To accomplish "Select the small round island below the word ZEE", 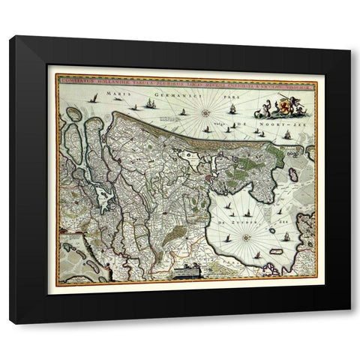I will coord(272,229).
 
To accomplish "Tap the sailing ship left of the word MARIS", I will coord(93,97).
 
